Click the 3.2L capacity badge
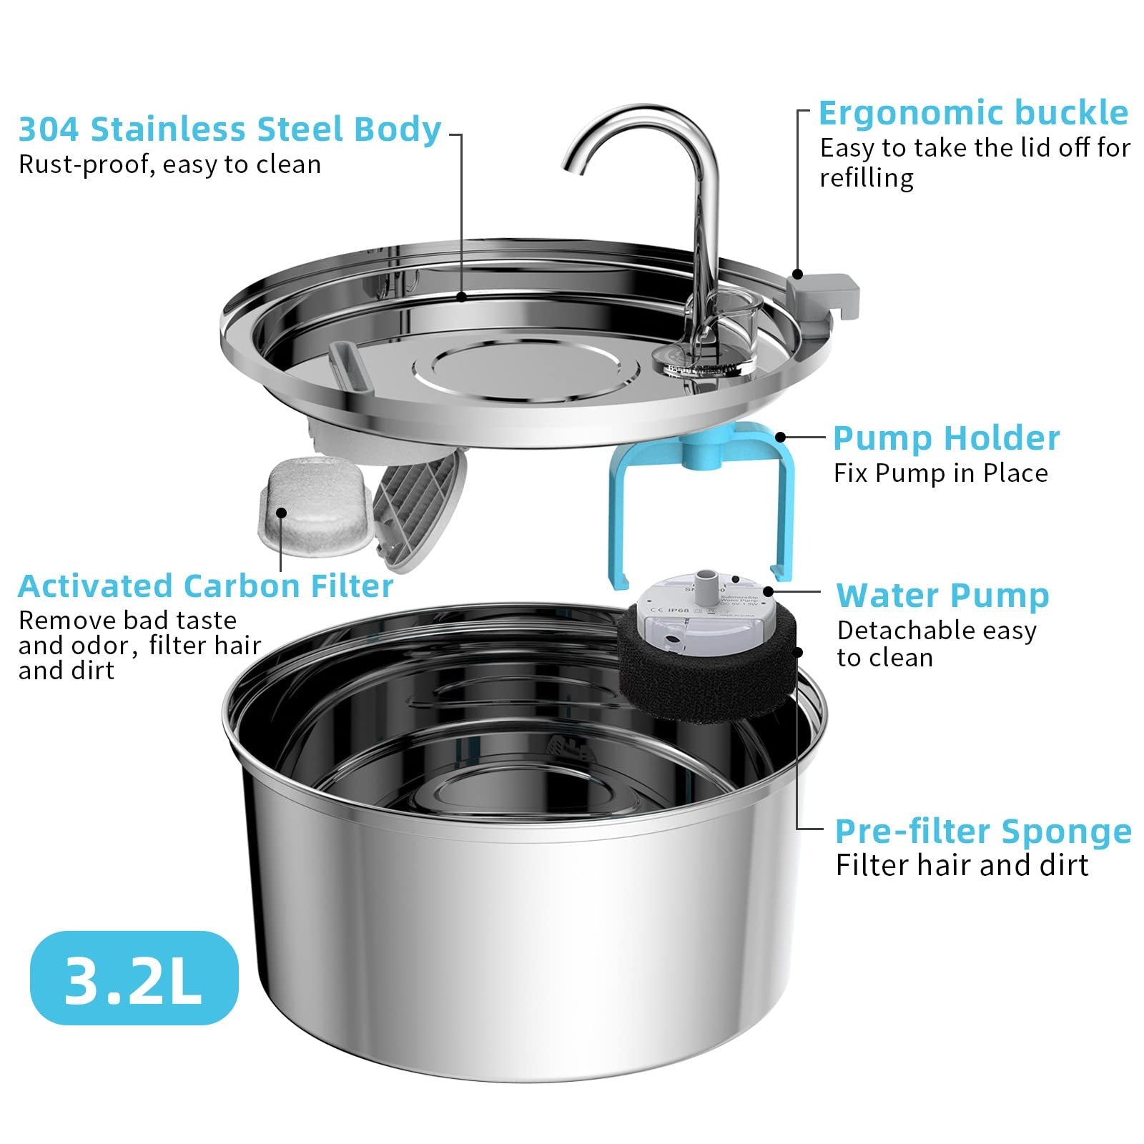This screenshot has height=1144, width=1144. (x=134, y=978)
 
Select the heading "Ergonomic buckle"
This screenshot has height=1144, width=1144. (x=973, y=113)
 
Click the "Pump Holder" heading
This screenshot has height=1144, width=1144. (x=946, y=438)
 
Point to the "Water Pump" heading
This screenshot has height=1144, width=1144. (x=942, y=596)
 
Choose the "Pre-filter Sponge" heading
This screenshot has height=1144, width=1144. (x=983, y=831)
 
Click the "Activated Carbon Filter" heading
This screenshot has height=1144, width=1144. (x=206, y=586)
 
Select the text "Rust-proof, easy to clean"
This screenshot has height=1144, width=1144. (x=169, y=164)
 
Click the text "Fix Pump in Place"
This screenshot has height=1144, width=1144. (x=940, y=473)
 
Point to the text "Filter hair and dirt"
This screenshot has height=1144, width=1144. (x=962, y=865)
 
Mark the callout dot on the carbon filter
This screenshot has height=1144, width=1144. (x=281, y=513)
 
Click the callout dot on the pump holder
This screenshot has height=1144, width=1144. (x=781, y=437)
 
